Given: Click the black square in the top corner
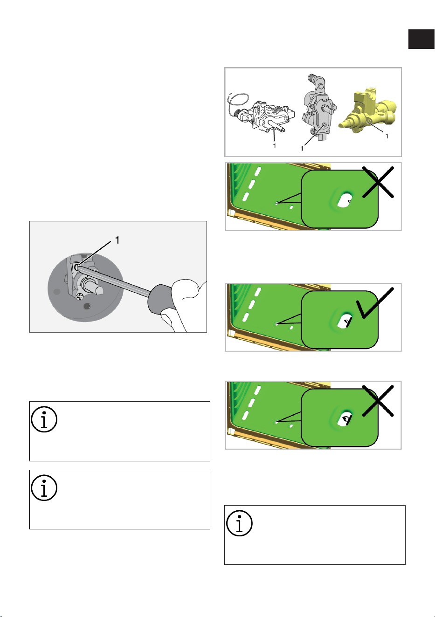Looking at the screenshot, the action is coord(421,39).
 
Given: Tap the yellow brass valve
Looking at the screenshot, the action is coord(369,111).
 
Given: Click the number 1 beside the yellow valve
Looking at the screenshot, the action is coord(387,136).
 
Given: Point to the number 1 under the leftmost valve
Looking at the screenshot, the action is coord(274,146).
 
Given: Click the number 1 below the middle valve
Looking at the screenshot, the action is coord(302,149).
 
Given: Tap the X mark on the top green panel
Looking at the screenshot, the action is coord(378,182).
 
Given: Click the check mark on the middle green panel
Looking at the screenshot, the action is coord(375,303).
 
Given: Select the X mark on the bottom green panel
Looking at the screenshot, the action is coord(378,401).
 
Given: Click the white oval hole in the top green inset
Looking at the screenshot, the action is coord(345,200).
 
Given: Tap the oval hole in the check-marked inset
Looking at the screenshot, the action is coord(345,321).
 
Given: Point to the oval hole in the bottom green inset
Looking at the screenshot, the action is coord(345,418).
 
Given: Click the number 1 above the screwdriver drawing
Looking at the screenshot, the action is coord(117,240).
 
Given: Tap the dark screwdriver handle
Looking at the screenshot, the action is coord(161,298).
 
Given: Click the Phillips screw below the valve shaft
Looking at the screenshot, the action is coord(80,297).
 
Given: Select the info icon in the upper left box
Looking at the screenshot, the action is coord(44,419).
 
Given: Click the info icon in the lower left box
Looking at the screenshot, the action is coord(44,488).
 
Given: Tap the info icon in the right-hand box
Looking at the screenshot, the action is coord(239,523).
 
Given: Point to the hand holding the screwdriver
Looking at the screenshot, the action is coord(184,306).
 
